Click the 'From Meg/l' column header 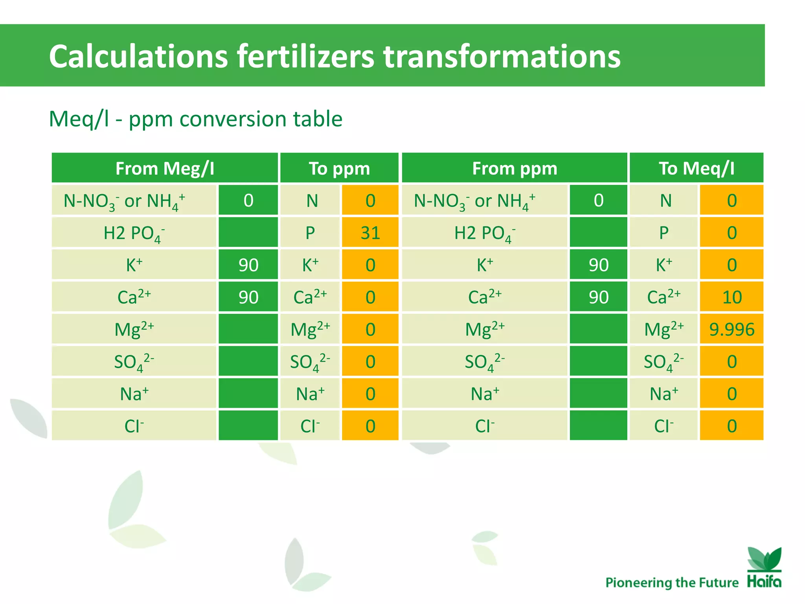165,168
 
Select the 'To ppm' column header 339,168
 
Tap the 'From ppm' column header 515,168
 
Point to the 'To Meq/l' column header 697,168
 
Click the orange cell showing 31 370,232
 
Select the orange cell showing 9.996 731,329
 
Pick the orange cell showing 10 731,297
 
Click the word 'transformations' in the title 502,56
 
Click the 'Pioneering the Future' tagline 672,582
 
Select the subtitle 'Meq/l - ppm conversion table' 195,119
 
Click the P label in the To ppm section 310,232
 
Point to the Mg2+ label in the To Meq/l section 664,329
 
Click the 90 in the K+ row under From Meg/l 248,265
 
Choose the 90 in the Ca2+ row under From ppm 598,297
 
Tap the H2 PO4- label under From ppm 485,232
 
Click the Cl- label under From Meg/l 134,426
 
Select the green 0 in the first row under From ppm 598,200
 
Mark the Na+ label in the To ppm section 310,394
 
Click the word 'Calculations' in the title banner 138,56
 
